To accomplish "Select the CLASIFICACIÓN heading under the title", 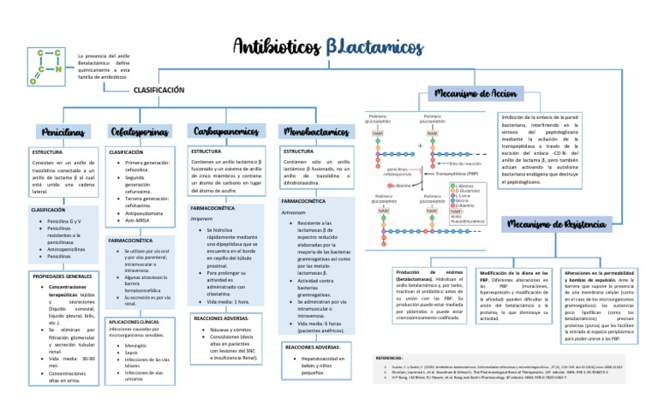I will (159, 90).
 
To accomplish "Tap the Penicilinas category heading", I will (63, 132).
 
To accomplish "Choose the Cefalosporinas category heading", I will (140, 132).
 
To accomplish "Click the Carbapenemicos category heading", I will (225, 131).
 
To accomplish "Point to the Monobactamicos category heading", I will (315, 132).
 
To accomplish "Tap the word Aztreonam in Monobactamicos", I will (294, 211).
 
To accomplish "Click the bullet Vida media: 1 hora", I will (228, 278).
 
